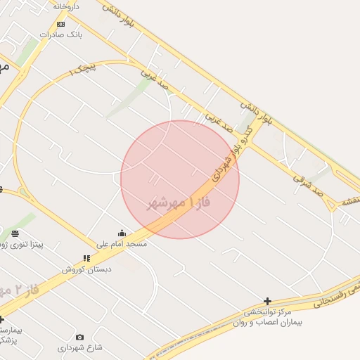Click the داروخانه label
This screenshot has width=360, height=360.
point(66,6)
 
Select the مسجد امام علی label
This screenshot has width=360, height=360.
point(122,243)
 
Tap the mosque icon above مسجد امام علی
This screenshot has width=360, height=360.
point(122,233)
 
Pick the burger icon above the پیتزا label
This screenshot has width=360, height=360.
point(15,233)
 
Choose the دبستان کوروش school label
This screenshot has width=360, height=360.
point(83,269)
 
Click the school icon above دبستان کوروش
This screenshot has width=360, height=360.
point(86,259)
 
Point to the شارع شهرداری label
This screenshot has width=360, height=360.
point(79,347)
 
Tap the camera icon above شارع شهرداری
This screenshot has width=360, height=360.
point(79,337)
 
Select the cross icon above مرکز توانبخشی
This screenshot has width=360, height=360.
point(267,301)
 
